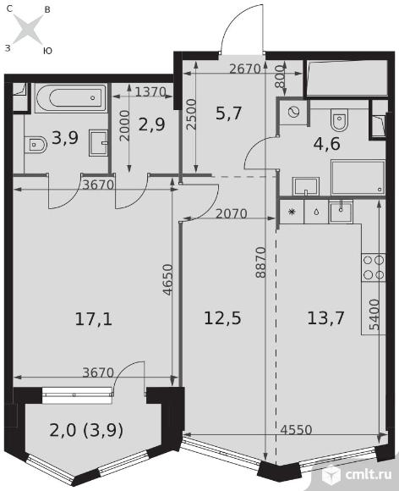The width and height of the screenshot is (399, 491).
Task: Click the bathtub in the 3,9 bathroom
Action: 71,98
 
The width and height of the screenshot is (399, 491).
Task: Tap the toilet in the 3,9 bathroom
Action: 36,145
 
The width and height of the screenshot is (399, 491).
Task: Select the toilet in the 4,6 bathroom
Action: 339,119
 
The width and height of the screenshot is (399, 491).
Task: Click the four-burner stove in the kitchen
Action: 374,268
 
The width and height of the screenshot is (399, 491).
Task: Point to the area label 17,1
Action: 94,319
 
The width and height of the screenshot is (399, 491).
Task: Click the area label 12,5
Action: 222,318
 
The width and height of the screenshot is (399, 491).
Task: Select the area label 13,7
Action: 325,317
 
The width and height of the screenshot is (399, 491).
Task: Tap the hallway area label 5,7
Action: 228,113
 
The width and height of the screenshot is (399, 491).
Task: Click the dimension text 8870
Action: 260,262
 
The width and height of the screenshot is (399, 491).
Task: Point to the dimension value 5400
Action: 374,314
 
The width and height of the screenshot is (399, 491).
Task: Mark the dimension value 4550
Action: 296,430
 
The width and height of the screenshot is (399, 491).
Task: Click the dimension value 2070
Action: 232,213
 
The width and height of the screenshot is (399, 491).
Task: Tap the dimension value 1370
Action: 150,91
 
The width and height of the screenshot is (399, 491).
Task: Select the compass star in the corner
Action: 29,30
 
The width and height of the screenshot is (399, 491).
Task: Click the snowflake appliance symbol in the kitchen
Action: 292,212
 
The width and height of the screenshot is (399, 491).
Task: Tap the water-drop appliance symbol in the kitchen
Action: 316,212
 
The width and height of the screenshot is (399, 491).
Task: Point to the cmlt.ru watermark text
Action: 369,474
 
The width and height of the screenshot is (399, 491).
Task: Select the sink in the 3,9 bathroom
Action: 99,143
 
